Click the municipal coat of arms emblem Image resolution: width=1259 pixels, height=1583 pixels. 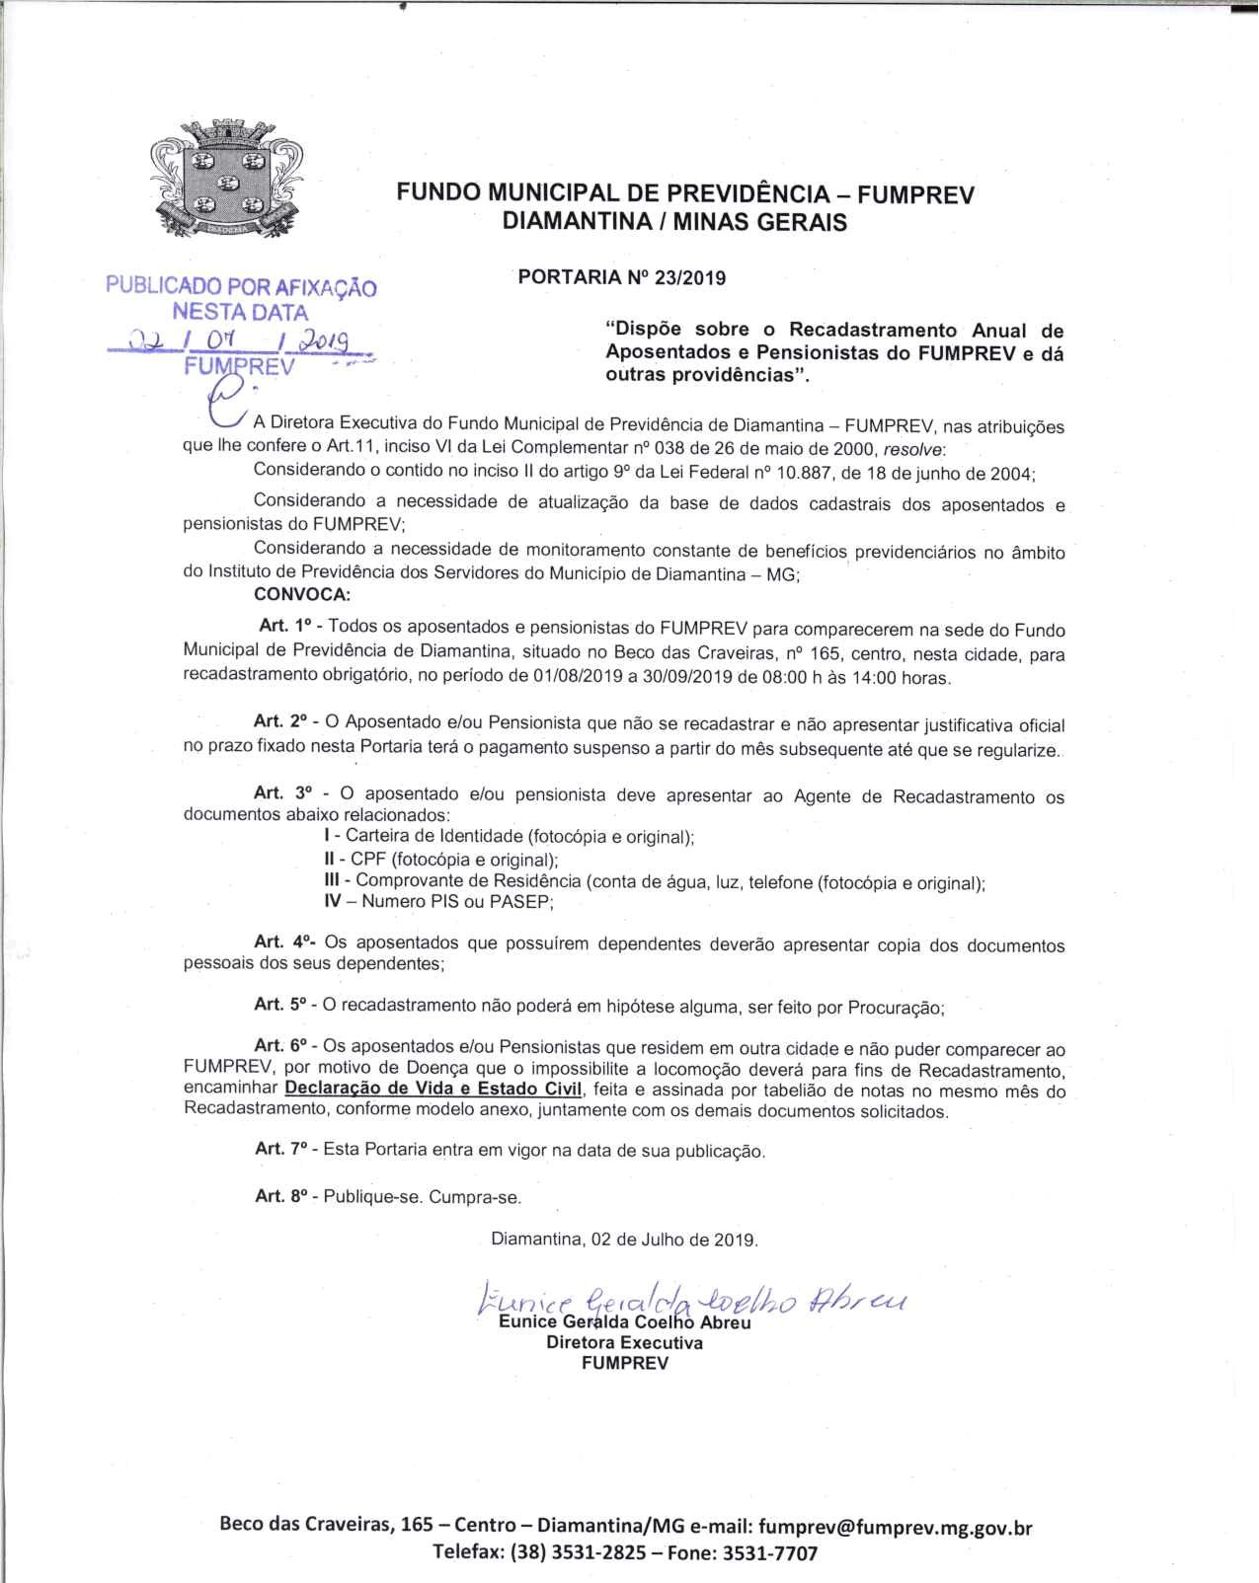225,180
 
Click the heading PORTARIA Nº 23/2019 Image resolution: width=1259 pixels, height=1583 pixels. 621,277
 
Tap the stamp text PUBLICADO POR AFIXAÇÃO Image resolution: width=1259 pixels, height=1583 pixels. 241,287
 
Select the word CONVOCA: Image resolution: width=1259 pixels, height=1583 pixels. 301,594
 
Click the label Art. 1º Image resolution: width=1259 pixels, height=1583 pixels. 285,626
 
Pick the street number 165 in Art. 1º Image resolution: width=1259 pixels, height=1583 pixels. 825,653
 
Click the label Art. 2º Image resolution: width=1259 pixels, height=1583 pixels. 280,722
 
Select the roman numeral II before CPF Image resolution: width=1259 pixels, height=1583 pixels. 330,860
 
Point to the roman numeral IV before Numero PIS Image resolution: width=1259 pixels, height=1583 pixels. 333,901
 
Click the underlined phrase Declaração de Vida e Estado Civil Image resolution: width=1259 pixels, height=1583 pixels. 433,1090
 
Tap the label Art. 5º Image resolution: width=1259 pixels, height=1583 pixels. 281,1005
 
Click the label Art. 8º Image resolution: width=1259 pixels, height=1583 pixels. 281,1196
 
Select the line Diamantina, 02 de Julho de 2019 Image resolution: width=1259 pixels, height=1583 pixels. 624,1240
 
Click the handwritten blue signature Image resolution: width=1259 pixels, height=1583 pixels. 691,1304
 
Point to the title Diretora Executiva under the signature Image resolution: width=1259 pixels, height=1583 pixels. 624,1342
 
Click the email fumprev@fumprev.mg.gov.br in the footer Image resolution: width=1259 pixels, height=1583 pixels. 896,1527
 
